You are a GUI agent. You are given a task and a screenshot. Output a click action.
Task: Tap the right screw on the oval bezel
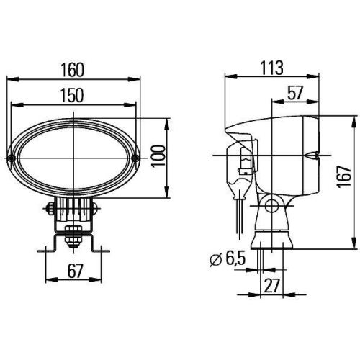click(135, 157)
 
